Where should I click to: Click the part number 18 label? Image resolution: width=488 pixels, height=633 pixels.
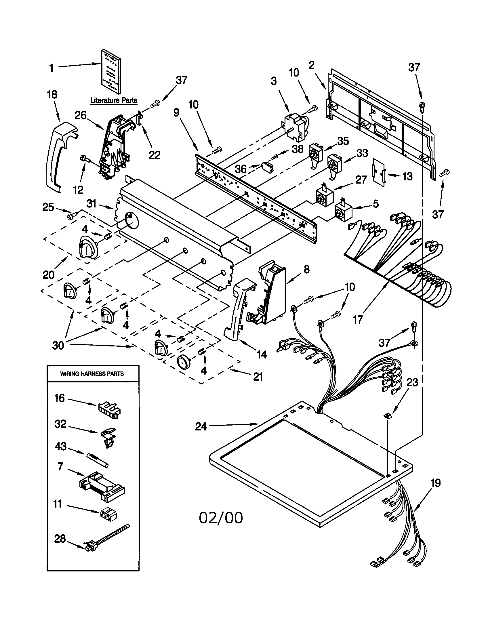pos(52,94)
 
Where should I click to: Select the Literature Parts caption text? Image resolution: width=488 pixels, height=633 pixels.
pos(114,100)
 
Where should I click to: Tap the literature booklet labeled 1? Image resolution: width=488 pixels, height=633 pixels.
pos(111,71)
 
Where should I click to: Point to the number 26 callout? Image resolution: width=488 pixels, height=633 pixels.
pos(81,115)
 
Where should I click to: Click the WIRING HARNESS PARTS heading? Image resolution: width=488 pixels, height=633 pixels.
pos(92,374)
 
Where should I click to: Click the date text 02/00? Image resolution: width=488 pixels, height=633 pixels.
pos(221,518)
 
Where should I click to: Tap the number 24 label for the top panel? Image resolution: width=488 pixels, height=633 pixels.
pos(201,426)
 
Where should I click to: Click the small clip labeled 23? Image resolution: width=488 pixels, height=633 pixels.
pos(387,416)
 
